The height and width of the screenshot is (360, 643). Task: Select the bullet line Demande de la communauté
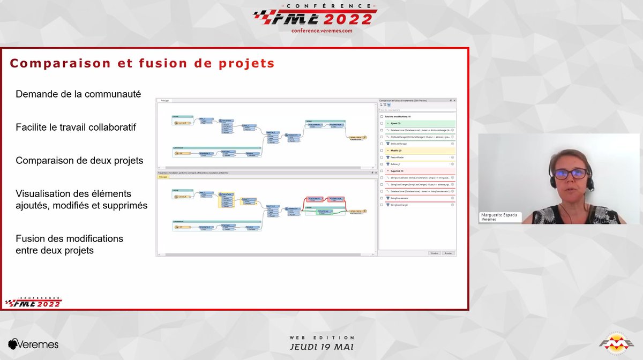[78, 94]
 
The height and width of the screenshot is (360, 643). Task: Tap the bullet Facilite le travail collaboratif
[76, 127]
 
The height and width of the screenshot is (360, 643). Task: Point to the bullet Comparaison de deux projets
[79, 160]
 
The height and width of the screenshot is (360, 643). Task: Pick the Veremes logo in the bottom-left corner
[33, 344]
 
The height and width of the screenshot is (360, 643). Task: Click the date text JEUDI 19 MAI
[322, 347]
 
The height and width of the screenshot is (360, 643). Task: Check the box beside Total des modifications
[382, 116]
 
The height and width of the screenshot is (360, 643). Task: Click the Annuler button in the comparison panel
[448, 253]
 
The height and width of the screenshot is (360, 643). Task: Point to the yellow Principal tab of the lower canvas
[163, 176]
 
